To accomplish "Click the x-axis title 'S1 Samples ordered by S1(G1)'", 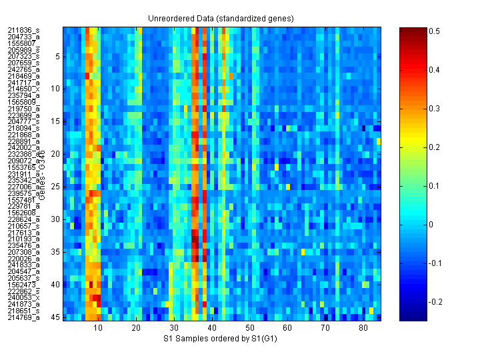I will [x=222, y=339].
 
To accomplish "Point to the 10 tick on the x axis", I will [x=99, y=328].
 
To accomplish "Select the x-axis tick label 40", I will [x=212, y=328].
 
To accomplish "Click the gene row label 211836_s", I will [x=23, y=30].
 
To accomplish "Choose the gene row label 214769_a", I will [x=23, y=317].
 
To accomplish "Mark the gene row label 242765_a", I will [x=23, y=69].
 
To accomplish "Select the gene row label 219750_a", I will [x=23, y=108].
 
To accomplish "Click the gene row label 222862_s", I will [x=23, y=291].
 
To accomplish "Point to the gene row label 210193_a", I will [x=23, y=239].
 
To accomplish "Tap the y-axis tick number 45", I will [x=56, y=317].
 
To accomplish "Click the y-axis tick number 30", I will [x=56, y=219].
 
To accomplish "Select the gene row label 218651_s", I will [x=23, y=311].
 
